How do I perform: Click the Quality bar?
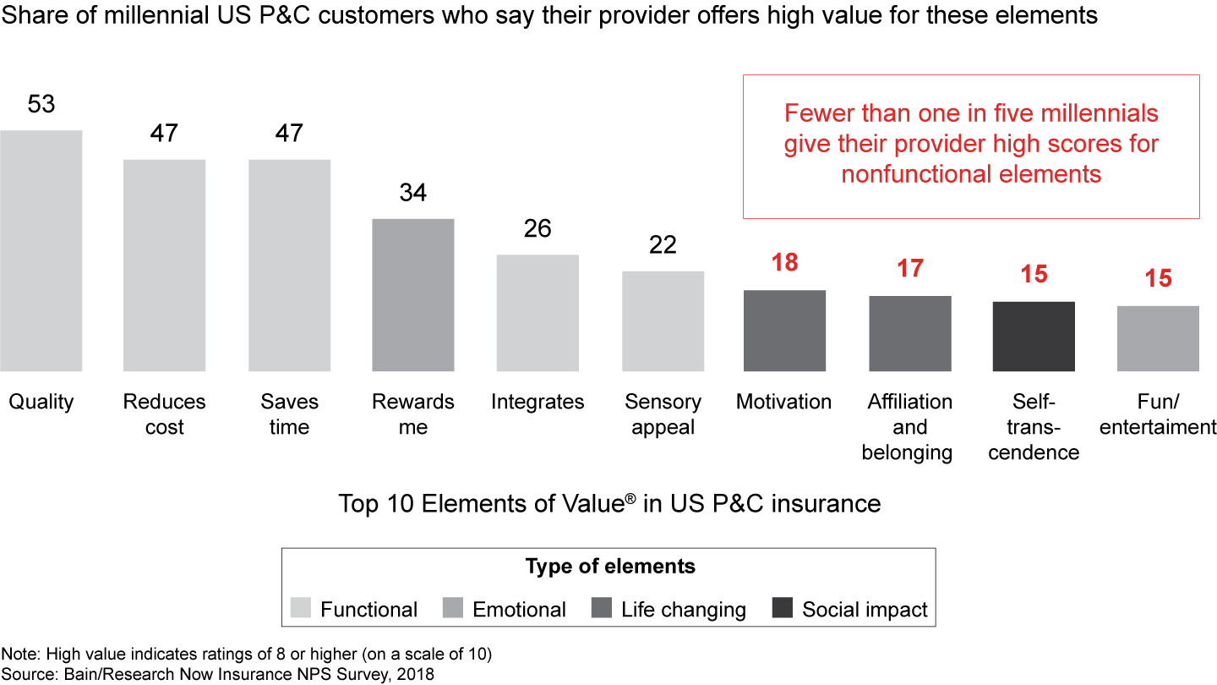[x=41, y=250]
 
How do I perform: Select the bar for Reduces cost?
[x=164, y=265]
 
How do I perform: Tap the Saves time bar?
[x=289, y=265]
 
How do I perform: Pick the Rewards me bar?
[x=413, y=294]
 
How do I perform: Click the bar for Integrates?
[x=538, y=312]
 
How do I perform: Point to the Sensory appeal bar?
[x=663, y=321]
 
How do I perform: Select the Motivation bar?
[x=784, y=330]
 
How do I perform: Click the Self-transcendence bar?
[x=1034, y=336]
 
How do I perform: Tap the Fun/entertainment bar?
[x=1158, y=338]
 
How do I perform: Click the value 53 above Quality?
[x=41, y=104]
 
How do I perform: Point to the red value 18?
[x=784, y=263]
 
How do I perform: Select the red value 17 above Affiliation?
[x=909, y=269]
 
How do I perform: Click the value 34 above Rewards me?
[x=413, y=193]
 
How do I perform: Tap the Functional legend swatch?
[x=301, y=609]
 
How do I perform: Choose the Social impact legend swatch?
[x=783, y=609]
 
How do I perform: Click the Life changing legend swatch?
[x=601, y=609]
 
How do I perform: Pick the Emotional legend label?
[x=519, y=610]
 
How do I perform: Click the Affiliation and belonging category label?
[x=909, y=427]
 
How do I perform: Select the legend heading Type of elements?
[x=610, y=567]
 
